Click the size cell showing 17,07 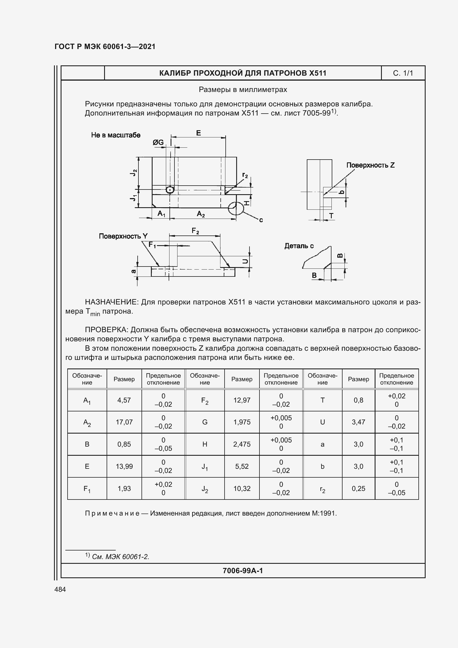pyautogui.click(x=124, y=422)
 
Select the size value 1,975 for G pyautogui.click(x=242, y=422)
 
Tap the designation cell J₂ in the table pyautogui.click(x=205, y=488)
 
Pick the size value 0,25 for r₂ pyautogui.click(x=358, y=488)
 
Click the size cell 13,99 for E pyautogui.click(x=124, y=466)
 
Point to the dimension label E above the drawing pyautogui.click(x=198, y=133)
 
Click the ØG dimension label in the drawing pyautogui.click(x=158, y=142)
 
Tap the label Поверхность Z pyautogui.click(x=370, y=165)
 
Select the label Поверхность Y pyautogui.click(x=123, y=236)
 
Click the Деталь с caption pyautogui.click(x=299, y=246)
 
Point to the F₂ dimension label pyautogui.click(x=195, y=231)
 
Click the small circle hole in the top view pyautogui.click(x=170, y=190)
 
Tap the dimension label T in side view pyautogui.click(x=331, y=216)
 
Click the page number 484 pyautogui.click(x=60, y=589)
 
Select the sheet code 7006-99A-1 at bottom pyautogui.click(x=243, y=571)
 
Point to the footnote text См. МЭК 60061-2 pyautogui.click(x=120, y=557)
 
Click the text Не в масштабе pyautogui.click(x=116, y=135)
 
